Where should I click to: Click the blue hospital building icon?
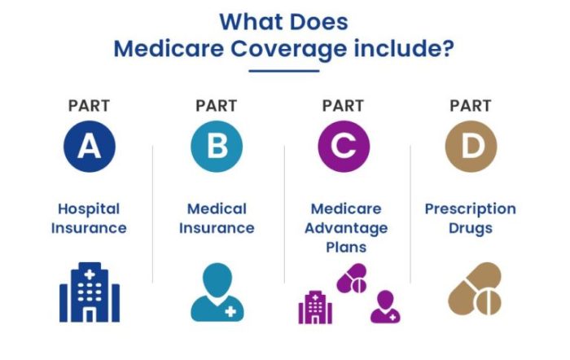pos(90,292)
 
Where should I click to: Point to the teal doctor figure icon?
pos(217,292)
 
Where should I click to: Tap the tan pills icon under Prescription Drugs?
pos(476,288)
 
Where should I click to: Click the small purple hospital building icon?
pos(315,306)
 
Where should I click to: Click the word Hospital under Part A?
pos(89,209)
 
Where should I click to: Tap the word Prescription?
pos(471,209)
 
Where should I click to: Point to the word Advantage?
pos(347,227)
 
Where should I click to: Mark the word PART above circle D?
pos(471,106)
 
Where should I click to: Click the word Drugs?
pos(471,228)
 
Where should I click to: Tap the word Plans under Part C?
pos(347,246)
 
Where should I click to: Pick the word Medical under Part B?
pos(217,209)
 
